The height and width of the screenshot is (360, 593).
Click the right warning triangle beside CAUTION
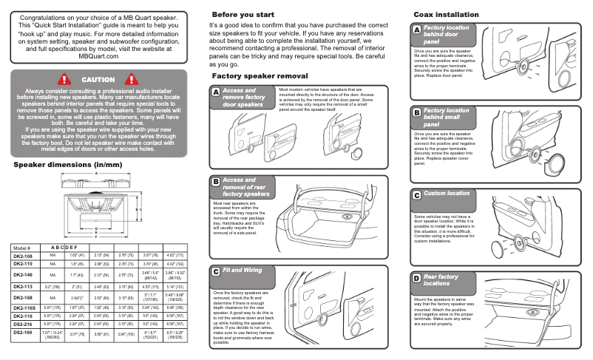click(133, 79)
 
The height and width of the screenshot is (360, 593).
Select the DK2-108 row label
click(23, 255)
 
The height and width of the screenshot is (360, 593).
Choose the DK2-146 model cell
click(23, 274)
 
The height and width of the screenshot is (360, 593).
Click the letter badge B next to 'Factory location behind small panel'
click(416, 112)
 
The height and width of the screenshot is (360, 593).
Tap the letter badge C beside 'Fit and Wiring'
click(215, 271)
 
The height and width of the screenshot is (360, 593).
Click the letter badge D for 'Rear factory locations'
click(416, 278)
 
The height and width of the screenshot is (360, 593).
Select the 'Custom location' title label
click(446, 194)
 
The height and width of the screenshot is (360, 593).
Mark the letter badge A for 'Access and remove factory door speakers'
click(215, 92)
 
